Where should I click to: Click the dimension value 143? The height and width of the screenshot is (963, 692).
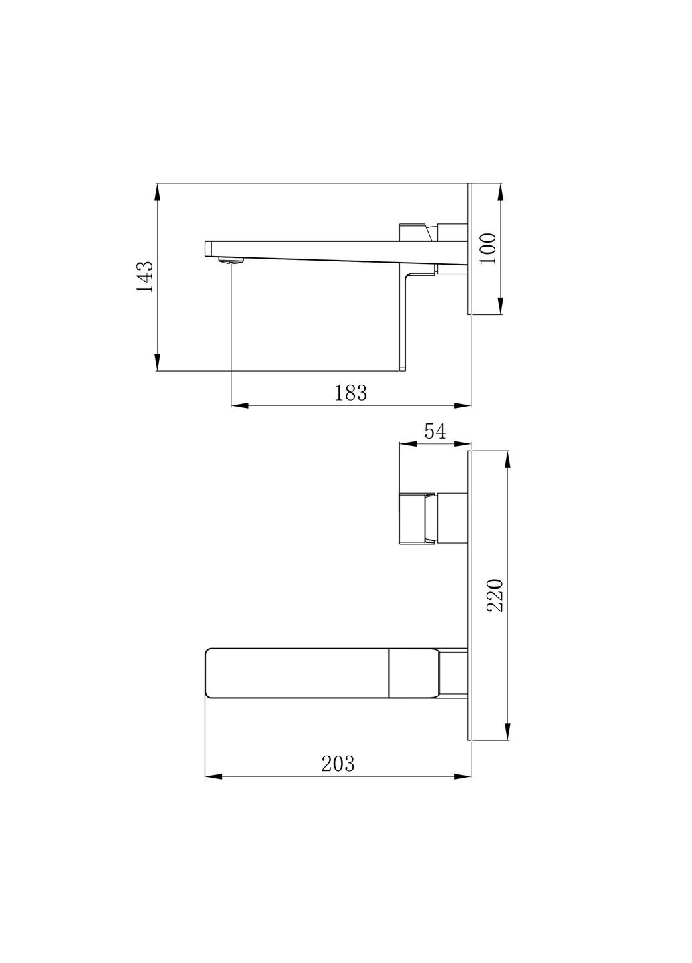pyautogui.click(x=145, y=277)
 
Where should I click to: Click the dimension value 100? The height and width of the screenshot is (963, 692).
pyautogui.click(x=489, y=248)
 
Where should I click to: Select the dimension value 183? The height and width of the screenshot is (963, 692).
pyautogui.click(x=351, y=393)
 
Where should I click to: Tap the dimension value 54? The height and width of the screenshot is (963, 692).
pyautogui.click(x=435, y=431)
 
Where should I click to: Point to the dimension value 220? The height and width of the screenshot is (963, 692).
pyautogui.click(x=495, y=595)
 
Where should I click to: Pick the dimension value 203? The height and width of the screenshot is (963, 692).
pyautogui.click(x=338, y=764)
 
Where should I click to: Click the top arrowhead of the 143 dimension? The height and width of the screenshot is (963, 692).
pyautogui.click(x=157, y=191)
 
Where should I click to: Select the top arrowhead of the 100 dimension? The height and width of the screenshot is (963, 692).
pyautogui.click(x=501, y=191)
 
